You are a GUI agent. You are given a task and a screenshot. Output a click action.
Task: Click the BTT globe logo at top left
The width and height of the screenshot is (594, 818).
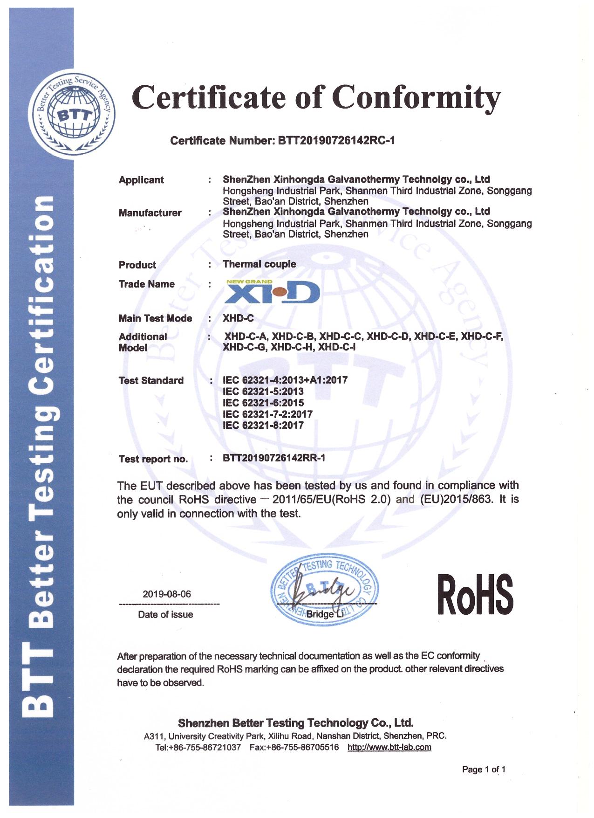pos(72,115)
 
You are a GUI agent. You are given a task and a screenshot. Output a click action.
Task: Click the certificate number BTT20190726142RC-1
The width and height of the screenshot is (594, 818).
pos(336,140)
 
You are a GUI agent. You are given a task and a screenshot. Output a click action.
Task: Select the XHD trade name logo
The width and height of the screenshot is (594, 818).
pos(273,291)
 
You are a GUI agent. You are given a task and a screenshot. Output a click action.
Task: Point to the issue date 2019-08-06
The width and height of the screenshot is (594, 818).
pos(167,594)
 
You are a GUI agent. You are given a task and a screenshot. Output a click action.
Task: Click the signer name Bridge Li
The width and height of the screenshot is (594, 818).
pos(325,614)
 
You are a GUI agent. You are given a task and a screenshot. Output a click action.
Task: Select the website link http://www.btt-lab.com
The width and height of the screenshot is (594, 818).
pos(389,747)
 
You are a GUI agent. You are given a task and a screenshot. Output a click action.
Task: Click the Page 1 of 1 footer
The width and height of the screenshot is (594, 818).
pos(484,769)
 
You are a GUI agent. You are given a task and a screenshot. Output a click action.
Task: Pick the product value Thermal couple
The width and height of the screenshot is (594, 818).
pos(259,264)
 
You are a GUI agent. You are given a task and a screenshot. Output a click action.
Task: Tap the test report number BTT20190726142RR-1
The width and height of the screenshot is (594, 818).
pos(274,458)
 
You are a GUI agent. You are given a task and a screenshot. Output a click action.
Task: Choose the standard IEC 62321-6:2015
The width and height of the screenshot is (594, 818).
pos(263,403)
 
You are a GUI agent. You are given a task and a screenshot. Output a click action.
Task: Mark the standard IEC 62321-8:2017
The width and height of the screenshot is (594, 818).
pos(263,425)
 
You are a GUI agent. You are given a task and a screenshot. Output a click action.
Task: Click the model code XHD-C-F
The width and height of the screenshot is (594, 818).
pos(482,336)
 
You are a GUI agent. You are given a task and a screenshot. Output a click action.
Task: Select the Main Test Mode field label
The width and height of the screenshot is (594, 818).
pos(155,318)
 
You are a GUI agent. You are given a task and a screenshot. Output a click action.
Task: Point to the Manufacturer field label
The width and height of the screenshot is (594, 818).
pos(150,213)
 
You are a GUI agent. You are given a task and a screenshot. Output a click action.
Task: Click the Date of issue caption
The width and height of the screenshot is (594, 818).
pos(165,614)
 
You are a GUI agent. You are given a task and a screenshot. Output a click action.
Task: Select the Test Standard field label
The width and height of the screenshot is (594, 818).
pos(151,380)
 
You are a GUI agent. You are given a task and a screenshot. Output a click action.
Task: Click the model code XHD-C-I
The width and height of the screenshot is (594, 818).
pos(337,347)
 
